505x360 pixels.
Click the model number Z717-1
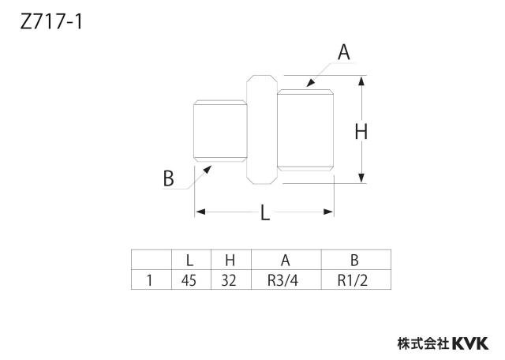pyautogui.click(x=51, y=23)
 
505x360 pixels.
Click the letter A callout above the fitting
pyautogui.click(x=344, y=52)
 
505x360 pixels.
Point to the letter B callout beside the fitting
pyautogui.click(x=168, y=178)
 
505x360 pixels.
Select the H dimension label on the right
pyautogui.click(x=361, y=132)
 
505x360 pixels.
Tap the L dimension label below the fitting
pyautogui.click(x=265, y=213)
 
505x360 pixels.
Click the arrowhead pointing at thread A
pyautogui.click(x=310, y=82)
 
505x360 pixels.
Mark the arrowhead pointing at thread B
pyautogui.click(x=207, y=170)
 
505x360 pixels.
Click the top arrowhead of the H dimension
pyautogui.click(x=361, y=81)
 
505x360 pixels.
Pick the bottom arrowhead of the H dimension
pyautogui.click(x=361, y=178)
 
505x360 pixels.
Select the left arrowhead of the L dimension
pyautogui.click(x=200, y=212)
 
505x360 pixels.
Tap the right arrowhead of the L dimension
pyautogui.click(x=328, y=212)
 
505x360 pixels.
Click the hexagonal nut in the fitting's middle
pyautogui.click(x=262, y=129)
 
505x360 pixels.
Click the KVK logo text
pyautogui.click(x=471, y=343)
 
